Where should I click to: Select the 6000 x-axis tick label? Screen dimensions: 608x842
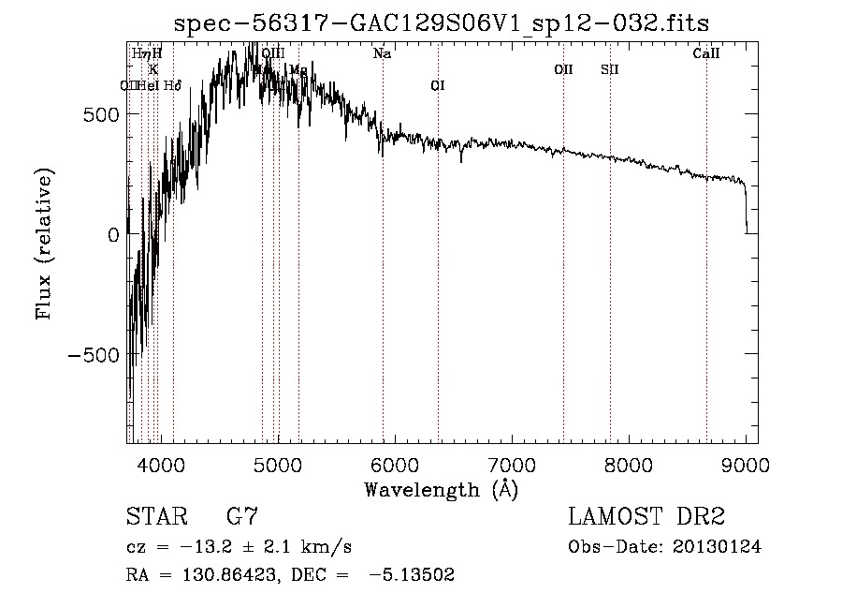(x=394, y=464)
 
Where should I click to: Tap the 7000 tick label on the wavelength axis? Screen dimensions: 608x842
(x=512, y=464)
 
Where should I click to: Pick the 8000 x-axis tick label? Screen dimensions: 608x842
(x=629, y=464)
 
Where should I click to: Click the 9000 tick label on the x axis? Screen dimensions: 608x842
(x=746, y=464)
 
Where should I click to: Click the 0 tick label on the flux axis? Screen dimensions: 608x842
(x=112, y=235)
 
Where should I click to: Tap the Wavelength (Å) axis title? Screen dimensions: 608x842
(x=440, y=490)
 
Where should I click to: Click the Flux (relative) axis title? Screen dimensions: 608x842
(x=45, y=243)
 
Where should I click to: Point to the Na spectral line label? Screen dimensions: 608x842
(x=382, y=54)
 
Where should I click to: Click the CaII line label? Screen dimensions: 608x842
(x=706, y=54)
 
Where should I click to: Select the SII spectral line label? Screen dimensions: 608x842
(x=610, y=69)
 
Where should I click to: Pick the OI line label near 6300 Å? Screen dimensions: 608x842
(x=437, y=85)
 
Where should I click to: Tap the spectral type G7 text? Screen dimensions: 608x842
(x=242, y=516)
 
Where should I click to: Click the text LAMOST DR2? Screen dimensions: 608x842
(x=646, y=516)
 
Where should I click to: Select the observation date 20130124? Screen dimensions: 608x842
(x=717, y=547)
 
